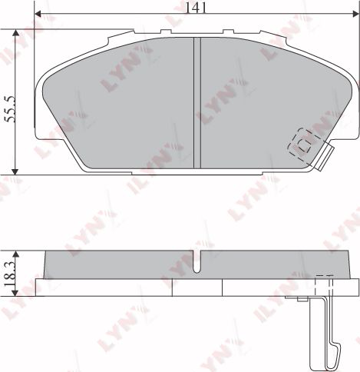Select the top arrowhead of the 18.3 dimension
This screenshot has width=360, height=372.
point(17,254)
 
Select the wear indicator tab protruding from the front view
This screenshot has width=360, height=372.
point(325,157)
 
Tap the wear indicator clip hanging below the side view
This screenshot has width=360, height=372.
point(327,323)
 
